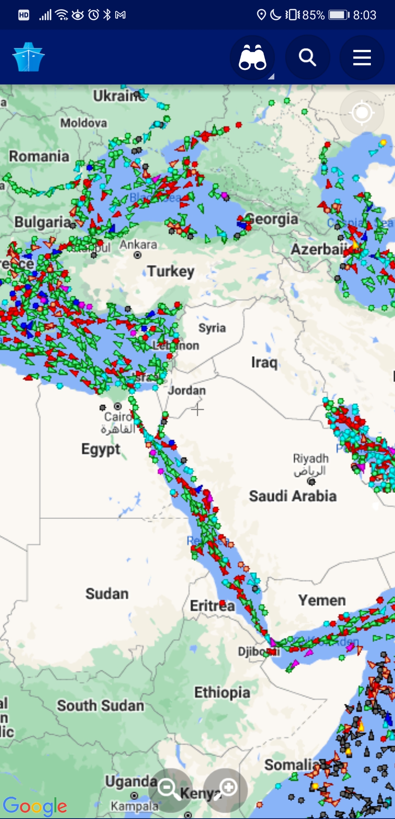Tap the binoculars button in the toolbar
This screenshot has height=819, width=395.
(x=252, y=58)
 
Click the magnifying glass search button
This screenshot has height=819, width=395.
(x=307, y=58)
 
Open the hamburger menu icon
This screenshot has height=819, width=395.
(x=362, y=58)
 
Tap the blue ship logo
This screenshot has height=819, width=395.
(x=28, y=57)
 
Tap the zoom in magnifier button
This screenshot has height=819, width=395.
(x=226, y=790)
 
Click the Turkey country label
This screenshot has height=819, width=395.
(x=171, y=271)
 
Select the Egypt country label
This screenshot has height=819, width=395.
(x=101, y=449)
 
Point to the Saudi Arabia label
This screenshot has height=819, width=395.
(x=293, y=496)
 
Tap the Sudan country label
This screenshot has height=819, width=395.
(x=107, y=594)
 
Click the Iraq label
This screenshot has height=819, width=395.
(x=264, y=362)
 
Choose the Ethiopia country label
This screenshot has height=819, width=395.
(x=222, y=692)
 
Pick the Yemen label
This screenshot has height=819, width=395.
(x=322, y=600)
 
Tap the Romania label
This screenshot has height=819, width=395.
(x=39, y=156)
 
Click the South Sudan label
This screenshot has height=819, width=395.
(x=100, y=705)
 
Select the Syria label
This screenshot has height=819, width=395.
(x=212, y=328)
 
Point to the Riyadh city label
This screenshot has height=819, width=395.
(x=311, y=458)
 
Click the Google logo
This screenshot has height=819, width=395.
(x=35, y=806)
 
